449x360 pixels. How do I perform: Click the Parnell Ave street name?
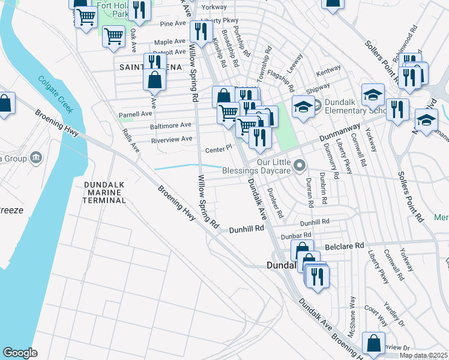pyautogui.click(x=135, y=113)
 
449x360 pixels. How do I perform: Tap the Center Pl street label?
pyautogui.click(x=218, y=148)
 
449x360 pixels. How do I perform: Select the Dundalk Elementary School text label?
pyautogui.click(x=354, y=106)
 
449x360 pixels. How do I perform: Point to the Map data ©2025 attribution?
pyautogui.click(x=423, y=355)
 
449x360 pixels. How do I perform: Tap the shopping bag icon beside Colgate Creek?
pyautogui.click(x=5, y=103)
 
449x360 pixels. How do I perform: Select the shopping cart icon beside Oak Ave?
pyautogui.click(x=113, y=36)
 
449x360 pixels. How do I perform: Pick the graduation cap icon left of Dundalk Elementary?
pyautogui.click(x=303, y=107)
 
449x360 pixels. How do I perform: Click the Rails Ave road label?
pyautogui.click(x=130, y=140)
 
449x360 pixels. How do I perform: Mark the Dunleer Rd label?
pyautogui.click(x=275, y=202)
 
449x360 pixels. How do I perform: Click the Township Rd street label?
pyautogui.click(x=261, y=65)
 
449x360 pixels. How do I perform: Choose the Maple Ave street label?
pyautogui.click(x=170, y=42)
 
